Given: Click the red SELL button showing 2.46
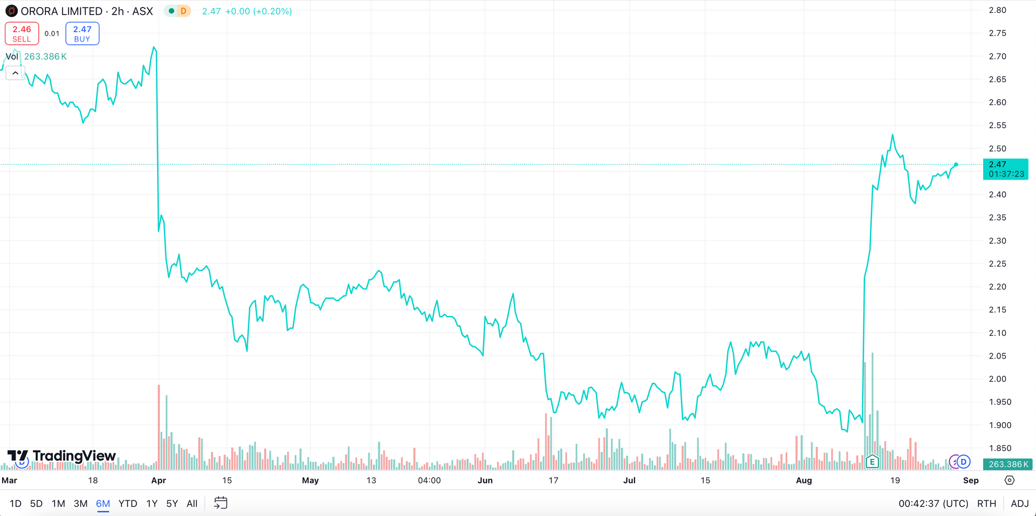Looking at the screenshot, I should (22, 33).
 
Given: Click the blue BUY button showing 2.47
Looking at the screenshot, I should (82, 33).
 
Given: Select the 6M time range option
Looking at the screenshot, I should (103, 504).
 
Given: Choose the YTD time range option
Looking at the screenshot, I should (127, 504).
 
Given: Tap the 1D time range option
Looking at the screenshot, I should (16, 504).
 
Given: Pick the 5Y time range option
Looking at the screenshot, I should (172, 504).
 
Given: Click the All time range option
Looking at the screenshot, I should (192, 504).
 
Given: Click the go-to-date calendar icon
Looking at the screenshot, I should (221, 503).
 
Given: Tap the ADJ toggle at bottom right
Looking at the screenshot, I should (1019, 504).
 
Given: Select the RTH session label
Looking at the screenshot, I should (986, 504).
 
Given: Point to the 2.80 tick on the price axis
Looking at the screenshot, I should (997, 10).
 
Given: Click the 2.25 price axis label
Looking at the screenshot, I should (997, 264).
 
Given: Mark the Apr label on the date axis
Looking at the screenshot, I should (159, 480).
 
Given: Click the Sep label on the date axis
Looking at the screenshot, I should (970, 480).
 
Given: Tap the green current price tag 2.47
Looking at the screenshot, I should (1005, 169).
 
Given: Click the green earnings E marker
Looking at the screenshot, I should (872, 462).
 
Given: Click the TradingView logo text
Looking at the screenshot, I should (74, 456).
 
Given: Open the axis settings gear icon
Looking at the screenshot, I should (1010, 480).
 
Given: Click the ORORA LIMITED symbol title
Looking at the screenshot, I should (61, 11).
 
